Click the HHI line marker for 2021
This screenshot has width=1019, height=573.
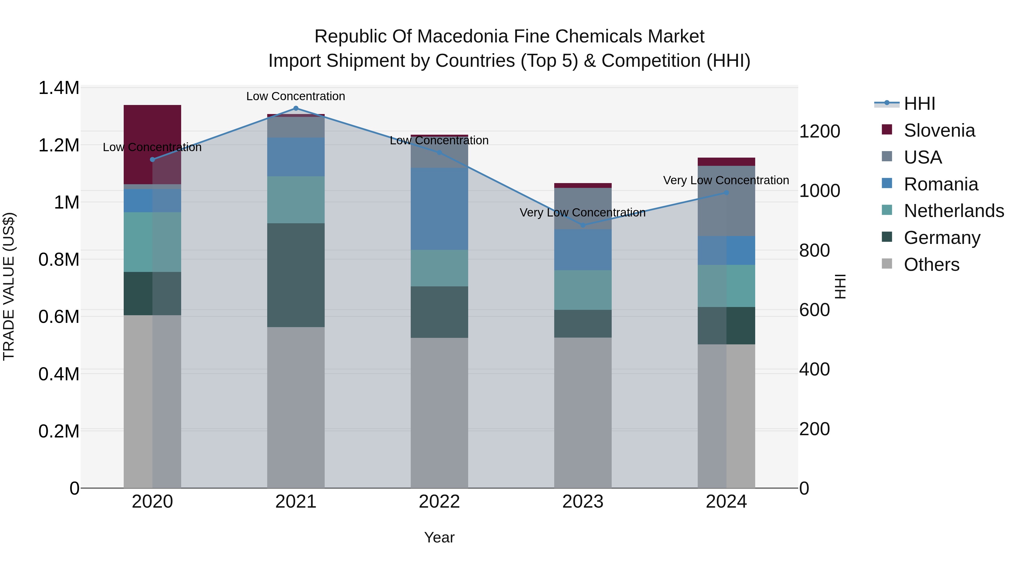296,108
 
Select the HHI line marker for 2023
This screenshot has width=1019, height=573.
583,225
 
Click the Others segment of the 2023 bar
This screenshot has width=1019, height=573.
583,413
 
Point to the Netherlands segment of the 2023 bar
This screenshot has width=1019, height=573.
583,290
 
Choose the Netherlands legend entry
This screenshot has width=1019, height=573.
953,211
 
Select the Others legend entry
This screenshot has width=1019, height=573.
931,265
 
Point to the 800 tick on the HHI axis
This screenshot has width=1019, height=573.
814,250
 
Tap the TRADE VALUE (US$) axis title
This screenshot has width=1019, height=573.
9,286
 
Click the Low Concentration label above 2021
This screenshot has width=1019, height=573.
296,96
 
